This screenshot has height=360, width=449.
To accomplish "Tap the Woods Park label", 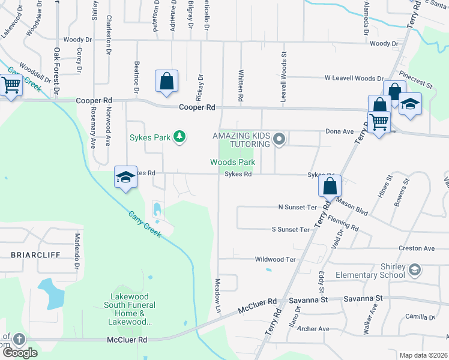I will click(232, 162).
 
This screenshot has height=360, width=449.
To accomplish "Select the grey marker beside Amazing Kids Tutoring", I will click(279, 140).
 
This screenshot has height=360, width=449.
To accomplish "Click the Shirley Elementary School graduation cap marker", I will click(414, 271).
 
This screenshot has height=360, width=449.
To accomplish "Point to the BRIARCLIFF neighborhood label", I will click(35, 254).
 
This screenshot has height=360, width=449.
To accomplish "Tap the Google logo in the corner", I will click(20, 352).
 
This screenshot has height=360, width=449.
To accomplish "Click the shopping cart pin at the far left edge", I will click(10, 86).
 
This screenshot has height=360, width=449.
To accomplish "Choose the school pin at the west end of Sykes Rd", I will click(125, 178).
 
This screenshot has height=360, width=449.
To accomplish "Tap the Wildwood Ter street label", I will click(276, 259).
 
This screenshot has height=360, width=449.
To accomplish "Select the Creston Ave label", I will click(417, 248).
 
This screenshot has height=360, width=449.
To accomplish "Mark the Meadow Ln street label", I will click(218, 294).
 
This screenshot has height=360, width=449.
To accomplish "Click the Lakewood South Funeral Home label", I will click(133, 309).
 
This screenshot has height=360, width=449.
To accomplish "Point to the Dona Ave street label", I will click(340, 131).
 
